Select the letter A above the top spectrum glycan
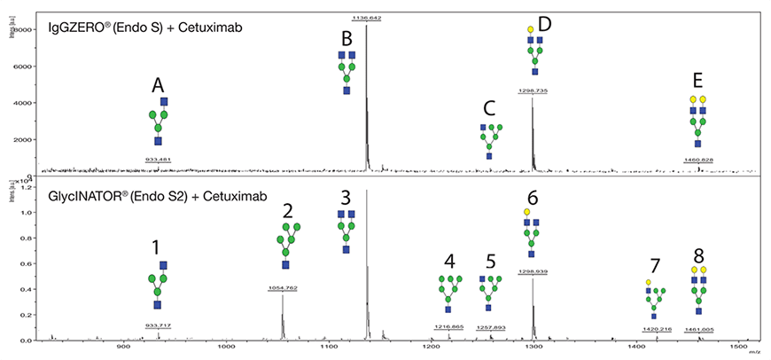(158, 85)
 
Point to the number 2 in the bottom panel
(287, 210)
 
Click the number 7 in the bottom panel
(655, 265)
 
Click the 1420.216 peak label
(656, 328)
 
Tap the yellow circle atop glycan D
(530, 29)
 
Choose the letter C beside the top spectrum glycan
(489, 108)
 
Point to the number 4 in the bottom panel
(450, 262)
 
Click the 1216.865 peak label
(449, 327)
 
